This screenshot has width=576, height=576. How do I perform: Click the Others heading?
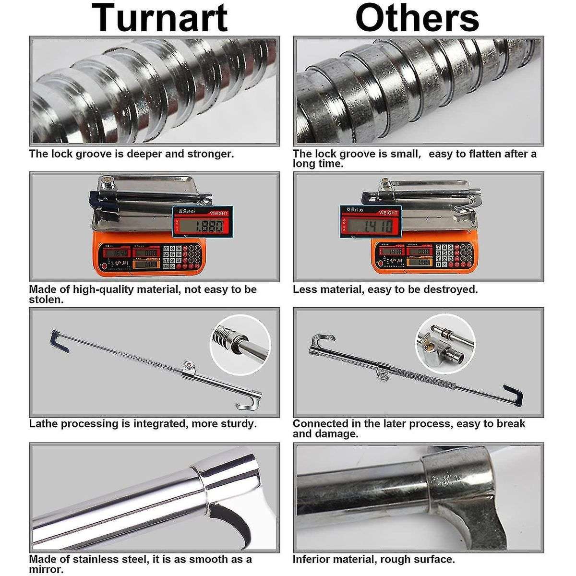(x=417, y=18)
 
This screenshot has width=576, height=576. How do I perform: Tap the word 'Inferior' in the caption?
(x=312, y=559)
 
